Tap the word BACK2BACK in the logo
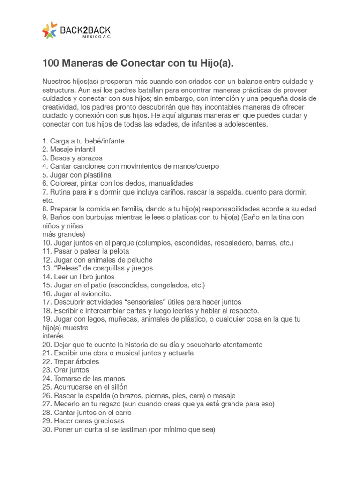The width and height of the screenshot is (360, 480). coord(85,30)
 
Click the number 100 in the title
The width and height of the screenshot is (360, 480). coord(51,63)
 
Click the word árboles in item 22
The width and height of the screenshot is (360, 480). coord(86,362)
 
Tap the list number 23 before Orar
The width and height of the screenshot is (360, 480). coord(46,370)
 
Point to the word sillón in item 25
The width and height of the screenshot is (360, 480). coord(116,387)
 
